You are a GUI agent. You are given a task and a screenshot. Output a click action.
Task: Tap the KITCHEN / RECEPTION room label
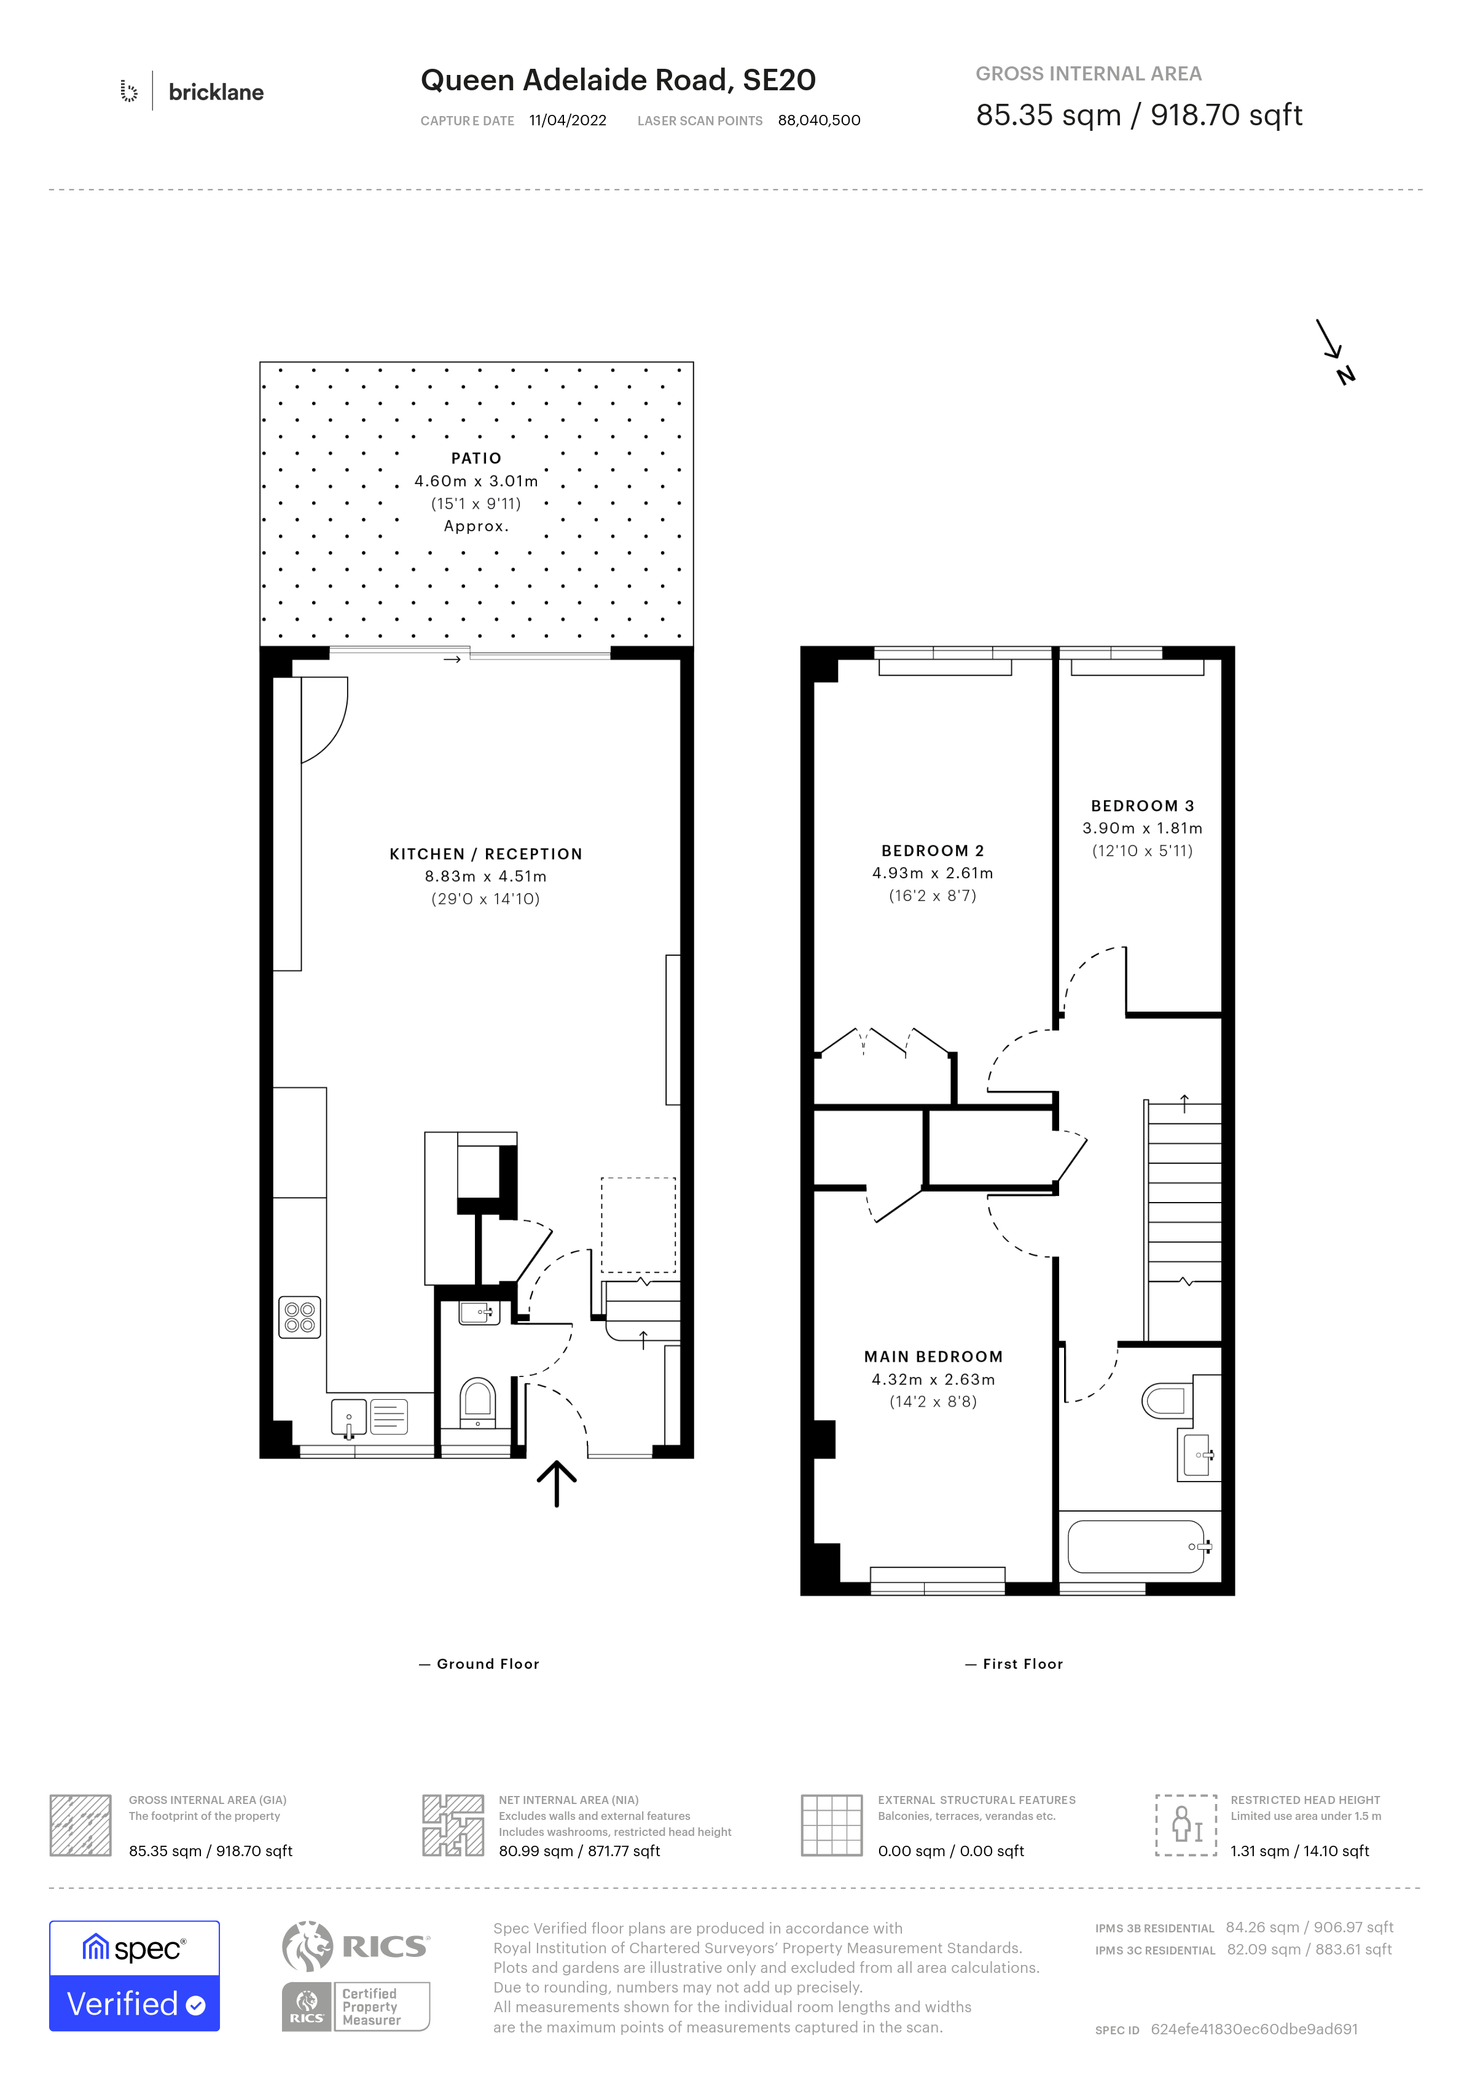(486, 854)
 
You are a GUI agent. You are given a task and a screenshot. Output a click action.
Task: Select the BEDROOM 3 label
(1142, 806)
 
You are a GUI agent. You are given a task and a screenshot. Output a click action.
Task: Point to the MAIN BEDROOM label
(934, 1357)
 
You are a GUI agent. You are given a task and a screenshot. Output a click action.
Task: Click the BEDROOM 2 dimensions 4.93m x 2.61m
(933, 873)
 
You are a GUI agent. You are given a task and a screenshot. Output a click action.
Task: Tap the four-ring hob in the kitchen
(300, 1317)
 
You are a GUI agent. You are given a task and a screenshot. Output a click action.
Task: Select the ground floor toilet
(478, 1403)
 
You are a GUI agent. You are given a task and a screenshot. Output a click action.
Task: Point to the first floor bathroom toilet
(1165, 1400)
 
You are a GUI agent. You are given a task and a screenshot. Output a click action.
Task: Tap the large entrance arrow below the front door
(557, 1483)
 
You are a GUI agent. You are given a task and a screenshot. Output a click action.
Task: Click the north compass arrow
(1331, 340)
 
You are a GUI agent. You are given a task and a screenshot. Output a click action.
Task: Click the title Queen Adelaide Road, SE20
(618, 80)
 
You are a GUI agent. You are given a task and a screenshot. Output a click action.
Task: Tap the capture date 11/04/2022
(568, 120)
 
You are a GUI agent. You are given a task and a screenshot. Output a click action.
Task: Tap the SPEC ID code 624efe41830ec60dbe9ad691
(1255, 2029)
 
